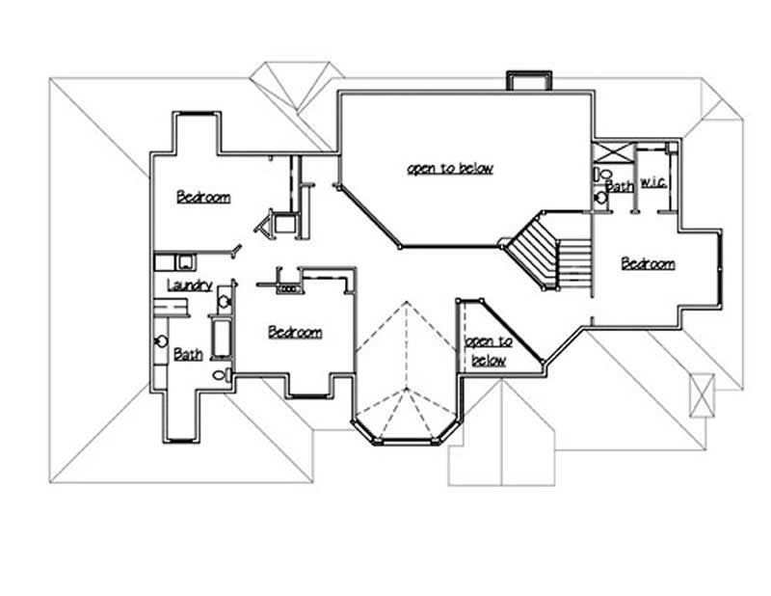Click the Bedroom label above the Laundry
[x=203, y=197]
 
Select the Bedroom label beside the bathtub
[x=294, y=332]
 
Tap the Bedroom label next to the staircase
[x=647, y=263]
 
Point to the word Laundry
[x=189, y=284]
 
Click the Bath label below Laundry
[x=188, y=354]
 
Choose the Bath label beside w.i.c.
[x=620, y=185]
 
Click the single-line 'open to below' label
[x=449, y=168]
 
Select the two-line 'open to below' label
[x=489, y=351]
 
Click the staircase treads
[x=549, y=256]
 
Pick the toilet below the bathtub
[x=221, y=374]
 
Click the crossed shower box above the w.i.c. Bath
[x=611, y=153]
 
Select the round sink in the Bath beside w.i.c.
[x=601, y=196]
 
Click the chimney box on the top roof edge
[x=528, y=81]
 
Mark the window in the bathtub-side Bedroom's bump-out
[x=309, y=394]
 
